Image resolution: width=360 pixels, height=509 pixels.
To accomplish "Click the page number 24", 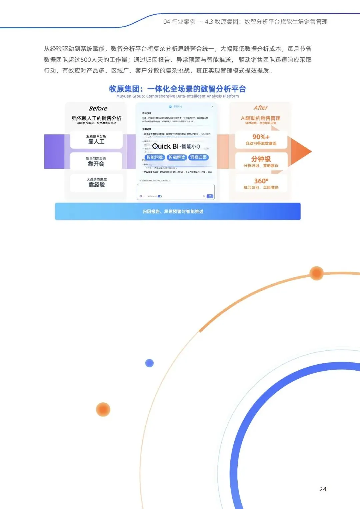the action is (x=323, y=489).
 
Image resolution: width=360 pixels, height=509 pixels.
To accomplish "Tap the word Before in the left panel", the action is (x=98, y=108).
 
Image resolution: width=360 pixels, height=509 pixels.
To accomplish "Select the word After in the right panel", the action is (x=261, y=108).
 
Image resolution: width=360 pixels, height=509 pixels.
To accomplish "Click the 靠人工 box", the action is (x=96, y=140).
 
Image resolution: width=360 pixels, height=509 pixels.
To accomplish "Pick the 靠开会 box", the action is (x=96, y=162).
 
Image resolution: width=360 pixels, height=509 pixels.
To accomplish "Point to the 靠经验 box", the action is (x=97, y=183).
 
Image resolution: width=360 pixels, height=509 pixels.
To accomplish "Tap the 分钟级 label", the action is (x=261, y=159).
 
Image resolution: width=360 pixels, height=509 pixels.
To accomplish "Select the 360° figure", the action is (x=261, y=181).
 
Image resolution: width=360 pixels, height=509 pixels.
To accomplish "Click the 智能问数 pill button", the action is (x=155, y=157).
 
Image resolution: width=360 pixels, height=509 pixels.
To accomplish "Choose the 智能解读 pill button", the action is (x=177, y=157).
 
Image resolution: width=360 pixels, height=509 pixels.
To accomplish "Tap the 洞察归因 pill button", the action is (x=198, y=157).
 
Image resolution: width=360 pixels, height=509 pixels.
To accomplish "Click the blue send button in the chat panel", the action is (x=210, y=196).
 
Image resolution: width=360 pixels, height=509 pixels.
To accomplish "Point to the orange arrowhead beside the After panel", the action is (x=301, y=151).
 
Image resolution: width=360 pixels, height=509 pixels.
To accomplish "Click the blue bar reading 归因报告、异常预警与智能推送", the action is (x=178, y=211).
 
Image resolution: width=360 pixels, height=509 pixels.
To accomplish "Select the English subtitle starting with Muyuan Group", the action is (x=177, y=96).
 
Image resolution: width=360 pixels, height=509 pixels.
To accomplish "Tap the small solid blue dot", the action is (x=149, y=363).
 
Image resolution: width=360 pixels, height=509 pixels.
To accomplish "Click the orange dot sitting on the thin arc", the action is (x=316, y=273).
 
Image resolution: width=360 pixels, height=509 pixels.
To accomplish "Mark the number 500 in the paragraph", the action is (x=86, y=60).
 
